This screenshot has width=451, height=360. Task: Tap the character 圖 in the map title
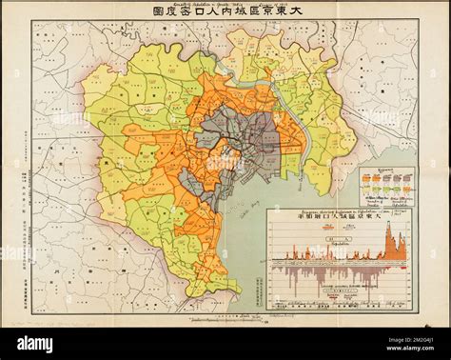158,14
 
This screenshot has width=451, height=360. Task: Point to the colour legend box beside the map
386,187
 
